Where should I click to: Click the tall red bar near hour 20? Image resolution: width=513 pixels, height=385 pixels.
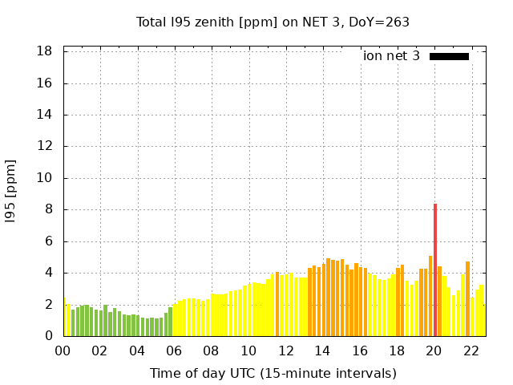click(435, 269)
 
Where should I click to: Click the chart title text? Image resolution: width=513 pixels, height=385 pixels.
click(273, 22)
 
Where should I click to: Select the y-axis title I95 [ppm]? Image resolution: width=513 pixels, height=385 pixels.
click(10, 193)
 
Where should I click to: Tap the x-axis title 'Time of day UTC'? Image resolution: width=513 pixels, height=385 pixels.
click(273, 373)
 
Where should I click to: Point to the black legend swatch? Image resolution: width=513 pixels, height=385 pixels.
click(449, 56)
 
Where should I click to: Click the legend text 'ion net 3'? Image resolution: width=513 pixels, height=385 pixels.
click(391, 56)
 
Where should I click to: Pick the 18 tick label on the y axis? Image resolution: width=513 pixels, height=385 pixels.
click(45, 51)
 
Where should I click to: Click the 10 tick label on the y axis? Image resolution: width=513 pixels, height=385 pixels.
click(45, 178)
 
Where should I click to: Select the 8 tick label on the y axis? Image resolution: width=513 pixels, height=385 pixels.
click(49, 209)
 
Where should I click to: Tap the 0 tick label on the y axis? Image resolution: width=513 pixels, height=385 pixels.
click(49, 336)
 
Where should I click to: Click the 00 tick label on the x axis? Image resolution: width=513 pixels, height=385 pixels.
click(63, 351)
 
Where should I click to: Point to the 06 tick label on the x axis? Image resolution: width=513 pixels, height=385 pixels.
click(174, 351)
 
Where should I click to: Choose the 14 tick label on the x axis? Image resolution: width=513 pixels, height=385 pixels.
click(322, 351)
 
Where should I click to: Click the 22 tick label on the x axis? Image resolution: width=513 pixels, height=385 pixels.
click(471, 351)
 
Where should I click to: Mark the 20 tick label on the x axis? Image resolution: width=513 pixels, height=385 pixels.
click(434, 351)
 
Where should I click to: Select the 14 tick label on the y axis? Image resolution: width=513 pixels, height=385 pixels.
click(45, 115)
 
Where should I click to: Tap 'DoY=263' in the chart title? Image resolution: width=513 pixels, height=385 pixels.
click(379, 22)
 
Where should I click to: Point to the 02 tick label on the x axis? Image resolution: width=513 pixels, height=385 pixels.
click(100, 351)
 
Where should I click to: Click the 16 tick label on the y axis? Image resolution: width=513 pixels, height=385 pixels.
click(45, 83)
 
